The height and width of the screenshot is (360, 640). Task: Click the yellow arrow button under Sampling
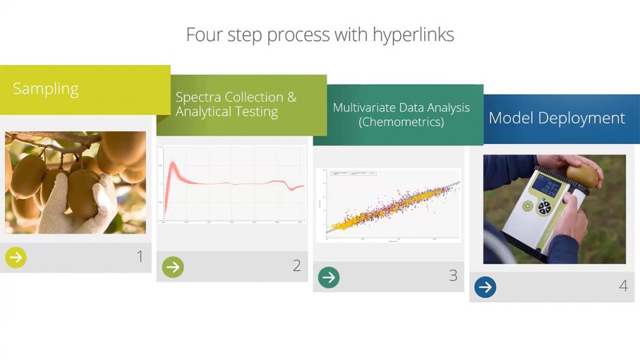pos(16,258)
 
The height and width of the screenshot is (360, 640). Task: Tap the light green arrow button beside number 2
pos(173,266)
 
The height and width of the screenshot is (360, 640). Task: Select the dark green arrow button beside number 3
pos(329,277)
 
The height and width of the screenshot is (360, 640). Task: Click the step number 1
pos(140,257)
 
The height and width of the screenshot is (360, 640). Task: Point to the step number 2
pos(296,266)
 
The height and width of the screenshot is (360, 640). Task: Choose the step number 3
pos(453,276)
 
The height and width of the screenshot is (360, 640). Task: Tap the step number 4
pos(623,286)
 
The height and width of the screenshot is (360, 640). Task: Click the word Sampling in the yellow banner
pos(46,89)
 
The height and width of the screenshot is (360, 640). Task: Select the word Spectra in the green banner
pos(199,97)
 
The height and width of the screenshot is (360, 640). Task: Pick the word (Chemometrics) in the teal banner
pos(402,122)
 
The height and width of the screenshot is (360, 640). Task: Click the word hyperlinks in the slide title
pos(413,35)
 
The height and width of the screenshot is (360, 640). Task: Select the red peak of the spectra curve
pos(173,167)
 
